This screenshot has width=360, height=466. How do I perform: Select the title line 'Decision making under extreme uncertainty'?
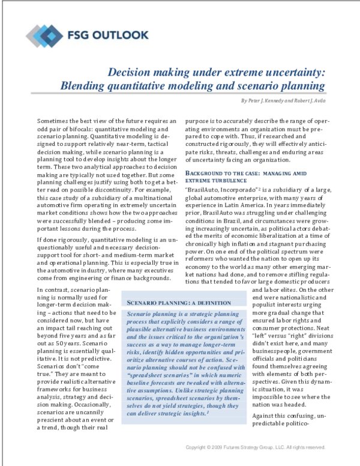coord(216,72)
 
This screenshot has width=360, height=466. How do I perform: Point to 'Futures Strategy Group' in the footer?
coord(256,447)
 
